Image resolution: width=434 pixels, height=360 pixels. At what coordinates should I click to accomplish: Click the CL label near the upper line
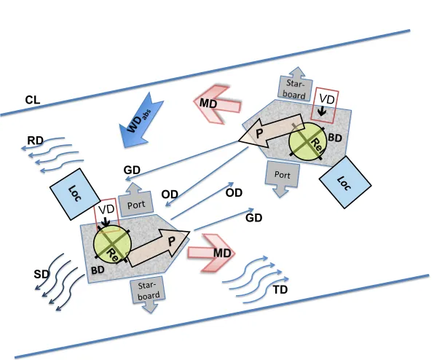coord(33,100)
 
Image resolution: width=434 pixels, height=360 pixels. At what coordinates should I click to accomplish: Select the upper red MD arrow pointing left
coord(217,103)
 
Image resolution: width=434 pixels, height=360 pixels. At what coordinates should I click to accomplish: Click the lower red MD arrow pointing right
coord(212,253)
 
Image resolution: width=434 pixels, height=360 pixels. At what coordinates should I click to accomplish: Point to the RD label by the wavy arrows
coord(35,141)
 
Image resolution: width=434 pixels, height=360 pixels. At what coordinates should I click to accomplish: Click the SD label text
coord(42,274)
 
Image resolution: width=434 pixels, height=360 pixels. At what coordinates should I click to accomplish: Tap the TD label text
coord(280,289)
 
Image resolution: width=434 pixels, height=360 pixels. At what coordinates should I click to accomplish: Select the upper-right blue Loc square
coord(345,182)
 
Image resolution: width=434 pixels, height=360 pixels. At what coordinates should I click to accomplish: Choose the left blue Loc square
coord(75,194)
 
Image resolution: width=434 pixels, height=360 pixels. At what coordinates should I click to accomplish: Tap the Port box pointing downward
coord(282,178)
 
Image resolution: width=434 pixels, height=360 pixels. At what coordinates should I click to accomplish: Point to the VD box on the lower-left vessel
coord(106,214)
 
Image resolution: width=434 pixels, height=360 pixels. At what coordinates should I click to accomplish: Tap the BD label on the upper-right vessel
coord(335,138)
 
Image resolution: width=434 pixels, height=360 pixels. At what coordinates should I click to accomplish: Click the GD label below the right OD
coord(254,218)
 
